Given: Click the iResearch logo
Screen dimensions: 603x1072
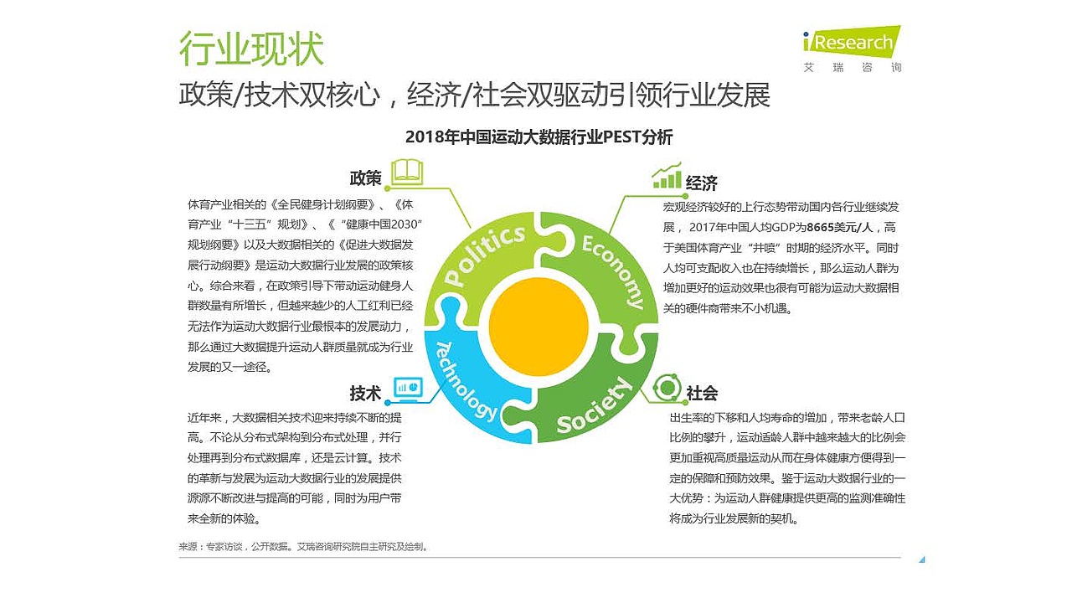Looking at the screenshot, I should tap(851, 42).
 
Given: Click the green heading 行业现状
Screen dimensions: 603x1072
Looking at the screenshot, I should tap(251, 49).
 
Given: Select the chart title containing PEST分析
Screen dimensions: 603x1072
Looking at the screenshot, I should tap(539, 137).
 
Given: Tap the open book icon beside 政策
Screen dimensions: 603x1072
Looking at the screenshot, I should tap(408, 172).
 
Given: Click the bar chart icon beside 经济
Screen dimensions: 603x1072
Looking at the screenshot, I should tap(667, 176).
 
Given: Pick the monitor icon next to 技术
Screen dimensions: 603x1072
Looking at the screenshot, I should tap(408, 388).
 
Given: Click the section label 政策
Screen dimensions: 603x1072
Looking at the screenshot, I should tap(366, 178).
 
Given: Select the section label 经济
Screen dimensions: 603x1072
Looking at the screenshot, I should tap(702, 183).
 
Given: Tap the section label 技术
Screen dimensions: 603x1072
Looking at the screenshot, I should tap(366, 394).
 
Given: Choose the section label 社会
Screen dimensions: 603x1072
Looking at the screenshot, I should tap(702, 394).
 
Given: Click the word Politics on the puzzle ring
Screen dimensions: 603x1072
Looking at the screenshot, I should tap(487, 254).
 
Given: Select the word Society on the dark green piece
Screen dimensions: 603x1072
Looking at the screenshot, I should tap(595, 405).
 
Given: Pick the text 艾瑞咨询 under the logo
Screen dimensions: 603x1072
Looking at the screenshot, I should tap(853, 67).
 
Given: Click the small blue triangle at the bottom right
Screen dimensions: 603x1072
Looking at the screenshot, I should tap(921, 559).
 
